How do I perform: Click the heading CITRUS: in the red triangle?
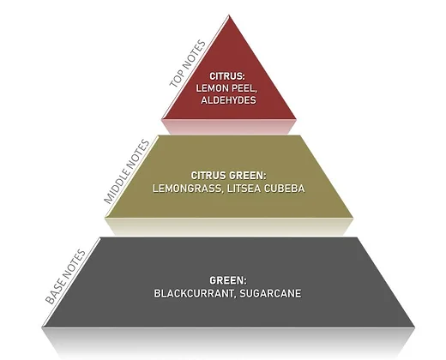click(x=227, y=76)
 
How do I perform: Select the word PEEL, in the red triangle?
click(x=244, y=88)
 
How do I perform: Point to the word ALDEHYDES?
click(x=228, y=100)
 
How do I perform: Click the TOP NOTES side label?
click(x=188, y=64)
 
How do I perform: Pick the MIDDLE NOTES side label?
click(x=127, y=171)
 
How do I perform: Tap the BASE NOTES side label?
click(x=65, y=277)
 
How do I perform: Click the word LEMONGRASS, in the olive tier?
click(x=189, y=189)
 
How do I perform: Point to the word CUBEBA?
click(x=285, y=189)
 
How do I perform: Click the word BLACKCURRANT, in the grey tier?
click(x=196, y=294)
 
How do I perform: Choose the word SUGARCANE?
click(x=270, y=294)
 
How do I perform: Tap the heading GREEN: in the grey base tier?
click(x=228, y=280)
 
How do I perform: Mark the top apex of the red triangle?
click(x=229, y=15)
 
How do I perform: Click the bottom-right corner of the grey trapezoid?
click(x=414, y=327)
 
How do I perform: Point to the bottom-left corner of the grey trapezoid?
click(x=42, y=327)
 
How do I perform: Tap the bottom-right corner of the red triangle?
click(x=296, y=119)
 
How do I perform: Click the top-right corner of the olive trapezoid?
click(x=300, y=135)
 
